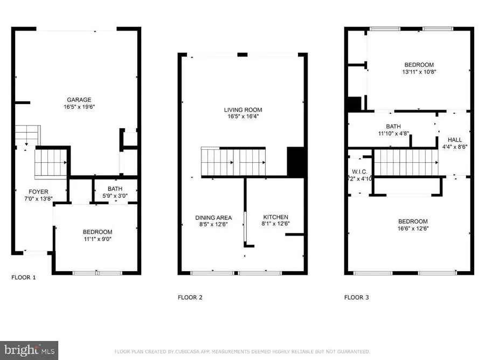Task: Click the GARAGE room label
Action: point(79,100)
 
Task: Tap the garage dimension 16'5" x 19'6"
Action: point(79,107)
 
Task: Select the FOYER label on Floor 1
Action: point(39,192)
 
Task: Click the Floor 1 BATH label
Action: point(115,189)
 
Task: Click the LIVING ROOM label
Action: point(243,110)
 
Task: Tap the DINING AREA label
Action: point(213,217)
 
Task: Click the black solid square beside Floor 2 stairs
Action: point(296,162)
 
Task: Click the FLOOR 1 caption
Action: point(24,278)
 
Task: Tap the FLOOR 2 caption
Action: point(190,297)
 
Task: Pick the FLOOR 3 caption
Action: point(357,297)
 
